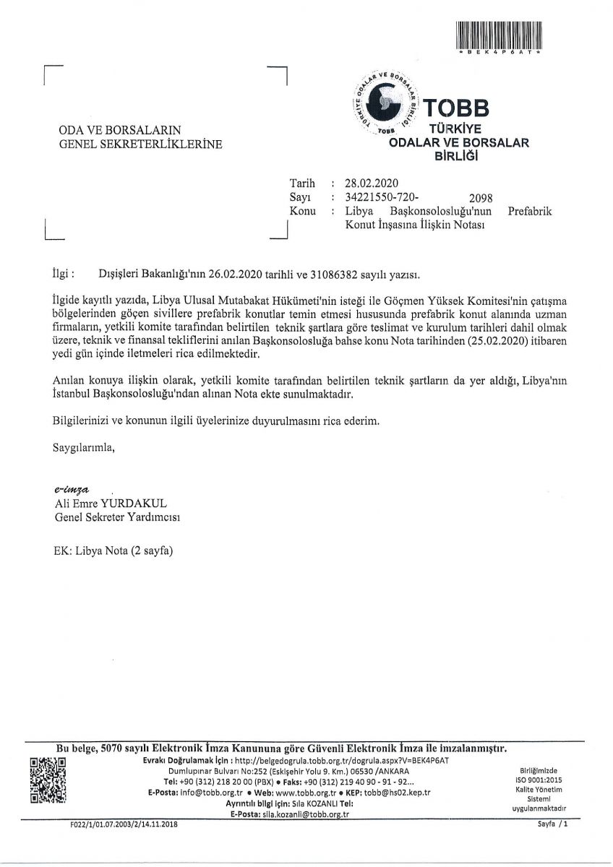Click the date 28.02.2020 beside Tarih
[372, 183]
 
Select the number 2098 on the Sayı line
[481, 198]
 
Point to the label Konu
[303, 211]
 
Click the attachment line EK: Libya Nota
[113, 549]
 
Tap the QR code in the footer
[48, 781]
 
